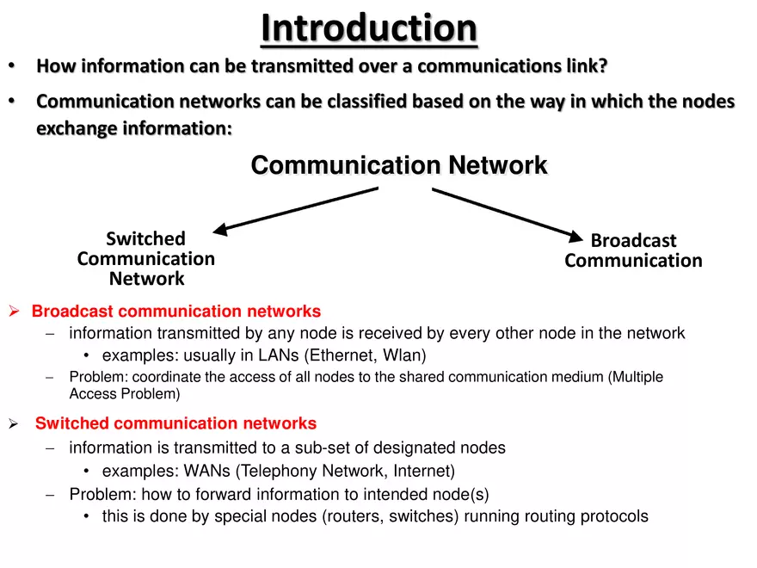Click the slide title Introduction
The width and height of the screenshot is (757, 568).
pyautogui.click(x=369, y=28)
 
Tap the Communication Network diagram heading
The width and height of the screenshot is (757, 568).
pyautogui.click(x=398, y=165)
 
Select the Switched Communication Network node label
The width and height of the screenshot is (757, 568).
pyautogui.click(x=146, y=258)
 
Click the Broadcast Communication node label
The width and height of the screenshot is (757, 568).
pyautogui.click(x=633, y=250)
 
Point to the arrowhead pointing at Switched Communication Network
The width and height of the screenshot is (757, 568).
pyautogui.click(x=220, y=229)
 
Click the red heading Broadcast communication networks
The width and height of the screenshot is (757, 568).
pyautogui.click(x=176, y=312)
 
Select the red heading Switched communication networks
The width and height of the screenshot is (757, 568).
pyautogui.click(x=175, y=423)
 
